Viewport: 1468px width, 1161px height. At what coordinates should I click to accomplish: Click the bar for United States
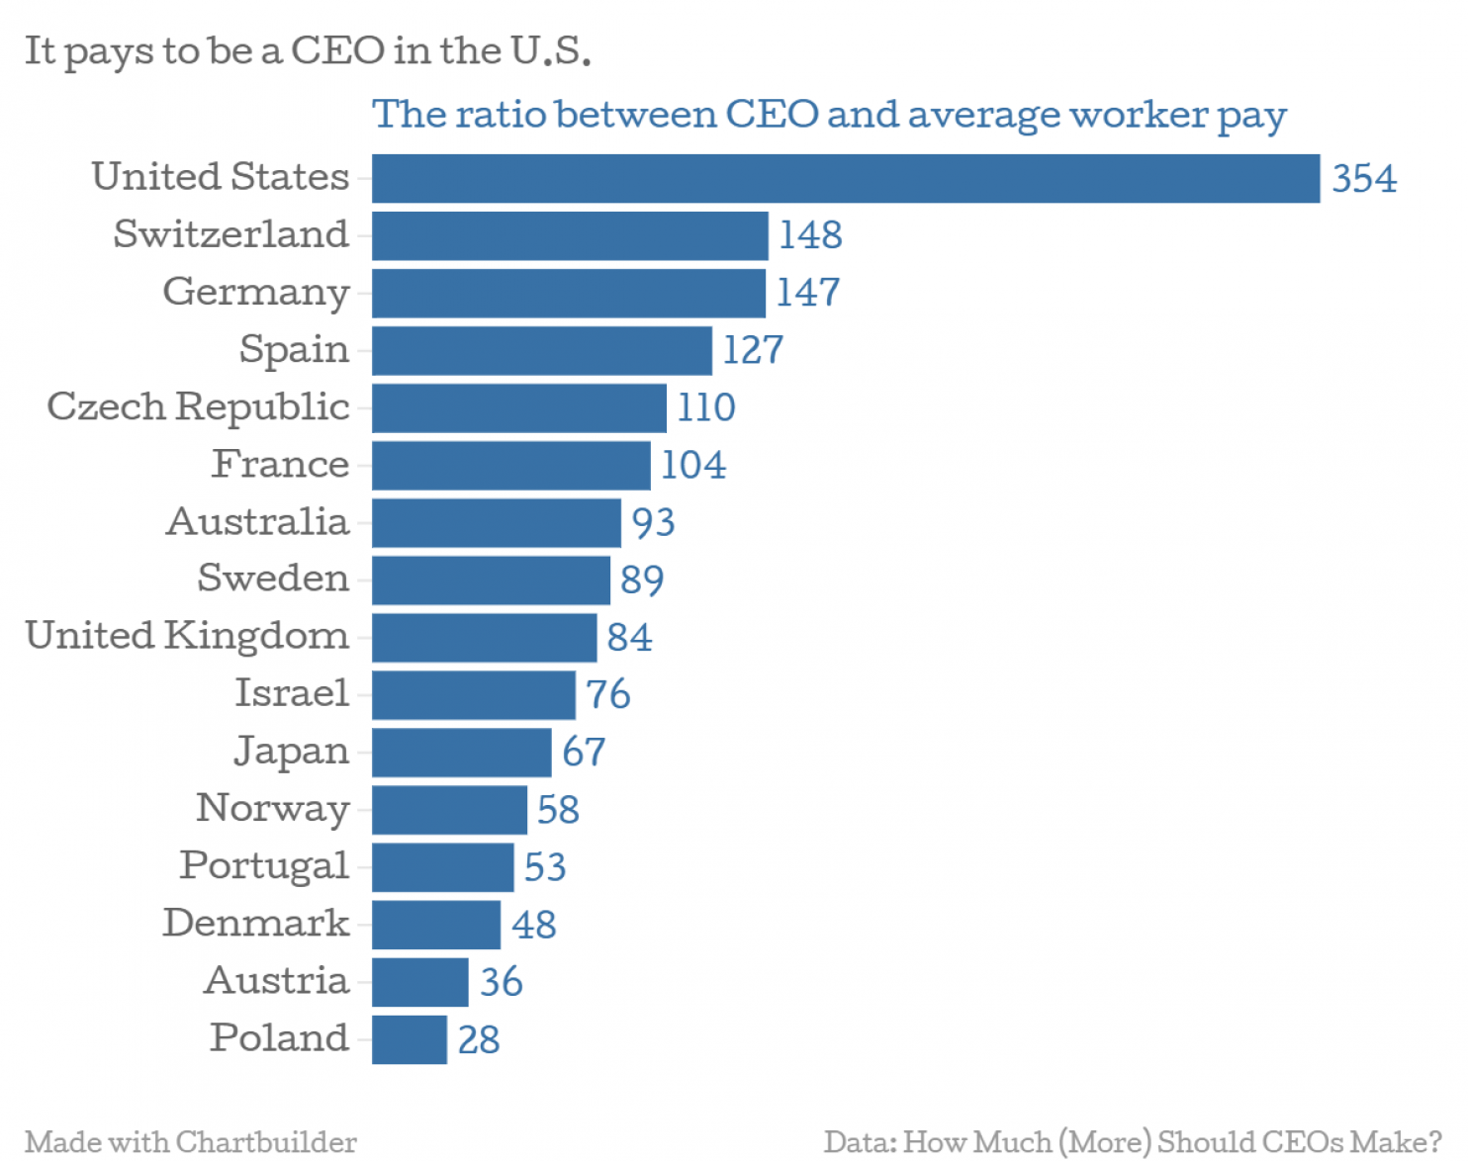pos(846,179)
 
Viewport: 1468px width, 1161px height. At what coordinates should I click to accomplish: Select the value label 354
pos(1364,179)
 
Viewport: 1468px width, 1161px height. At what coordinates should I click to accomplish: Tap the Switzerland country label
pos(230,234)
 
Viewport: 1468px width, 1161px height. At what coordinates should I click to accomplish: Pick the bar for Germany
pos(569,294)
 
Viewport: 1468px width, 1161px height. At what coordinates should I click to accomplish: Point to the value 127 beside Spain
pos(753,350)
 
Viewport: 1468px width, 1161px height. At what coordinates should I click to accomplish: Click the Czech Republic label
pos(199,406)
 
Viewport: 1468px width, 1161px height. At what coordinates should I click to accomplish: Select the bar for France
pos(511,466)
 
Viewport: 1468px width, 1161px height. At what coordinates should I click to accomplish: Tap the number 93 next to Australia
pos(653,522)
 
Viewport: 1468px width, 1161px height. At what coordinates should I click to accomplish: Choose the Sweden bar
pos(491,580)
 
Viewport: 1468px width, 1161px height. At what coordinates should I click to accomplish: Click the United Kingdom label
pos(187,636)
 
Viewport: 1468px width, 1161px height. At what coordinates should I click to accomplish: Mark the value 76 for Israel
pos(607,694)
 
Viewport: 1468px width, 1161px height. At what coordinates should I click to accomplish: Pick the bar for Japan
pos(461,753)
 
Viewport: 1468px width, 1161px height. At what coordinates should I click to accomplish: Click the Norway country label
pos(273,809)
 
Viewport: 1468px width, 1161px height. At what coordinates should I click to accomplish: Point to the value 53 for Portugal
pos(545,867)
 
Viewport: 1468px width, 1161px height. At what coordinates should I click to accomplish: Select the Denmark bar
pos(436,925)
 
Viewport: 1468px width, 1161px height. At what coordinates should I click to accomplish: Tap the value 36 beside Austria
pos(502,982)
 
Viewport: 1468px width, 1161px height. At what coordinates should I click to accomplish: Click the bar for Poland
pos(410,1039)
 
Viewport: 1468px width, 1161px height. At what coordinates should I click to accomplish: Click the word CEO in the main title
pos(337,50)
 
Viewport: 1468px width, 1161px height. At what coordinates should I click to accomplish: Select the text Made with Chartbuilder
pos(191,1142)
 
